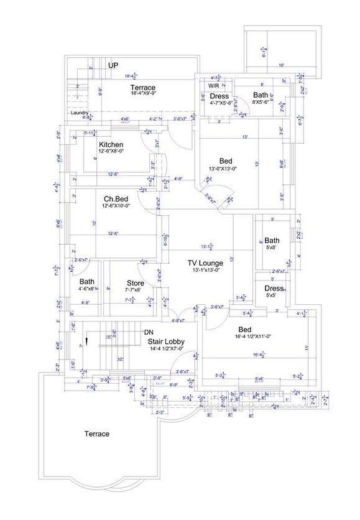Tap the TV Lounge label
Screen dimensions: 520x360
206,264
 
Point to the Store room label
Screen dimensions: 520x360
135,283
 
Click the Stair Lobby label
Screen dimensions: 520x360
165,341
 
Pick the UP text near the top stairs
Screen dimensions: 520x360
113,65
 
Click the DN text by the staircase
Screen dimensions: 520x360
149,332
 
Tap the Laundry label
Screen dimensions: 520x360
79,113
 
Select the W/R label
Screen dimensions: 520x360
213,85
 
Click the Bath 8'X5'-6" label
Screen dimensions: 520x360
260,95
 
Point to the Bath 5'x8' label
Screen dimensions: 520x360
272,241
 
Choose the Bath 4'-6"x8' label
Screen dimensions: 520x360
87,282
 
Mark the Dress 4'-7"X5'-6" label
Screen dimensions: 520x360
219,96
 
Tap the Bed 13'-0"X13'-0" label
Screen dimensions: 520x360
226,161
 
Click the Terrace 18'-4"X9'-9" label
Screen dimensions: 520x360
142,88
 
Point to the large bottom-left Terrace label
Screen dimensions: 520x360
97,434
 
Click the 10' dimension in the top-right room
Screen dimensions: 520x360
281,65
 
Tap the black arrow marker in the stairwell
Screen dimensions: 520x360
88,341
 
